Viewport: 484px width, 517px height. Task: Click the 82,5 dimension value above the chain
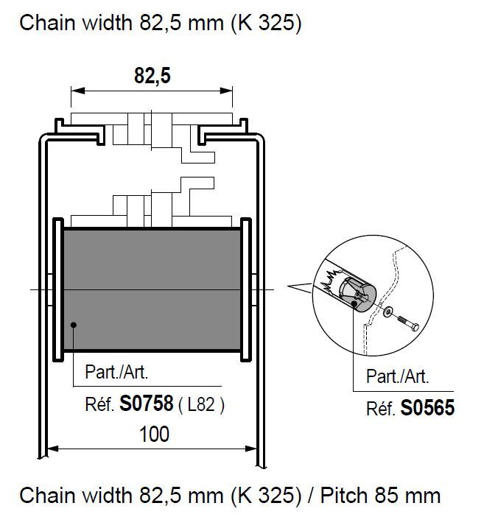point(152,76)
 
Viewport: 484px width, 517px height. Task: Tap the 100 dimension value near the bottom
point(154,434)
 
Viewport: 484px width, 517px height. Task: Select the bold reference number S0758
point(146,404)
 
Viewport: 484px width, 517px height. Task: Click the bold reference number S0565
point(427,407)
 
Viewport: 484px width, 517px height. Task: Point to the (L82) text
point(201,404)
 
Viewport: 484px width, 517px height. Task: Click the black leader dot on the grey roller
point(74,325)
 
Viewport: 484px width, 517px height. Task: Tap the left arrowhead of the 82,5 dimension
point(78,91)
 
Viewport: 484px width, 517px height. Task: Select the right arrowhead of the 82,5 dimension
point(226,91)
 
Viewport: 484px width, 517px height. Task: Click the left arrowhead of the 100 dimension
point(53,449)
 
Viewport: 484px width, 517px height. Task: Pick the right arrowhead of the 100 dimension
point(251,449)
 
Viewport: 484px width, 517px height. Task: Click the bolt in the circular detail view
point(408,323)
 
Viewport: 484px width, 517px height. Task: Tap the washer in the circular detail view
point(387,311)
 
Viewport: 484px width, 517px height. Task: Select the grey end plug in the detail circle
point(358,294)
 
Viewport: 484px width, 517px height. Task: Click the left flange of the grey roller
point(58,290)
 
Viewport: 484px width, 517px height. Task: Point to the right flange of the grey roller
point(246,290)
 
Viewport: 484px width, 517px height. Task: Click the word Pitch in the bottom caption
point(344,495)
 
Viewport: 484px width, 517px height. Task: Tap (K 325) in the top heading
point(266,23)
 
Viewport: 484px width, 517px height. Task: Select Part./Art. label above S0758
point(116,372)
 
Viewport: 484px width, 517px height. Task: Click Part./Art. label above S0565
point(398,376)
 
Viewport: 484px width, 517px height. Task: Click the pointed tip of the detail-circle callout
point(288,286)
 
